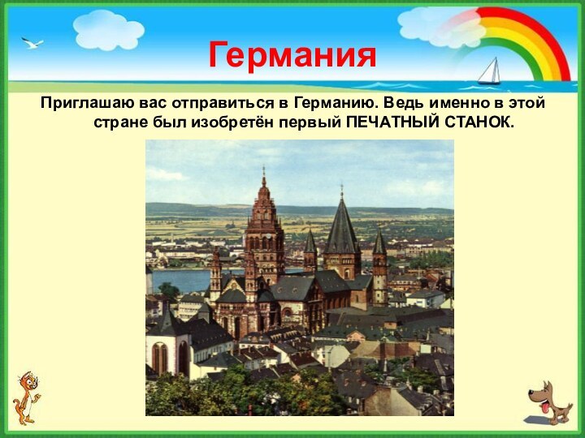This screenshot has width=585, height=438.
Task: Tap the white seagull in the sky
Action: click(x=32, y=42)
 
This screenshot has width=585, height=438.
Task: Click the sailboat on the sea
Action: click(x=489, y=71)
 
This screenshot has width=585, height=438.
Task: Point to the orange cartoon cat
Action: click(x=26, y=397)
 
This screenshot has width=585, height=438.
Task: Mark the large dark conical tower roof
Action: click(x=341, y=227)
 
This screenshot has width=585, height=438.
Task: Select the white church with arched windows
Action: click(x=167, y=349)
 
